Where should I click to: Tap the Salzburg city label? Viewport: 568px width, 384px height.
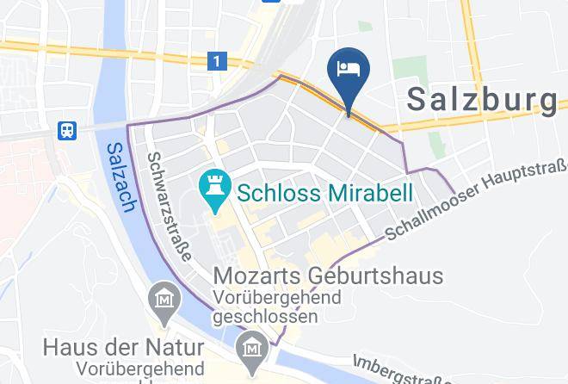coord(481,100)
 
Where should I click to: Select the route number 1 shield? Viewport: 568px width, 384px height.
coord(217,60)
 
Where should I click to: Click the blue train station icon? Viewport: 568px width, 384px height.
coord(66,131)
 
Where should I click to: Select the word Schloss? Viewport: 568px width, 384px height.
coord(281,191)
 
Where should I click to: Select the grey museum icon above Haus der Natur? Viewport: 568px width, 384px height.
coord(163,300)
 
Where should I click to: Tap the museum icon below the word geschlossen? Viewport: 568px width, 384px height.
coord(252,348)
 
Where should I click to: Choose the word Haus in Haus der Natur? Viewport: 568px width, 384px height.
coord(73,349)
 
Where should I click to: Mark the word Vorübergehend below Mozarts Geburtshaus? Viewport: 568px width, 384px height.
coord(277,298)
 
